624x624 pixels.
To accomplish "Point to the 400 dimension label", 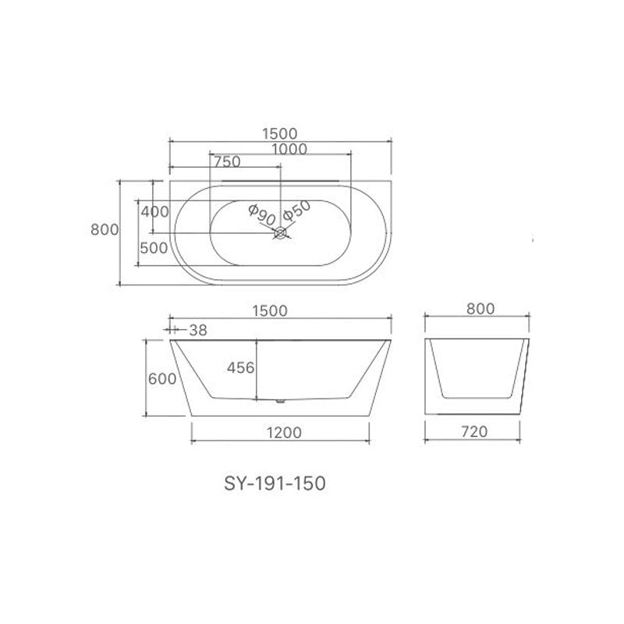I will click(x=155, y=211).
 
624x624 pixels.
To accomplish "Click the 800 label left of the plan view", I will click(x=104, y=230).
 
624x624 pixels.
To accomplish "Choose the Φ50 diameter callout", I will click(x=297, y=211).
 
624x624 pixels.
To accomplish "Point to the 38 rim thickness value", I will click(x=198, y=330).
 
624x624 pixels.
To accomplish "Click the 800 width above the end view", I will click(x=479, y=309).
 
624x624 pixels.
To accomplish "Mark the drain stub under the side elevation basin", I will click(x=280, y=402).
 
